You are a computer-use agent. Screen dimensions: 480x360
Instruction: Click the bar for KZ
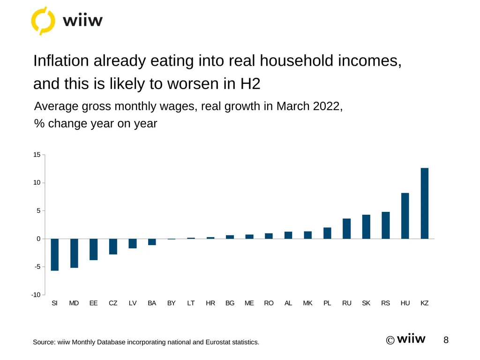pyautogui.click(x=425, y=203)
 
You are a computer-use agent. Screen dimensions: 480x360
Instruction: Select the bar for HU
pyautogui.click(x=405, y=216)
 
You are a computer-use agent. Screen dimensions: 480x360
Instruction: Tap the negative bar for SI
pyautogui.click(x=54, y=255)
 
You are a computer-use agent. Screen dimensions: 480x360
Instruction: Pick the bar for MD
pyautogui.click(x=74, y=253)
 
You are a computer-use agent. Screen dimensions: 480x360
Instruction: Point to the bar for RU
pyautogui.click(x=346, y=229)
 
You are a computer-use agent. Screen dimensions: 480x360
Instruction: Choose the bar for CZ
pyautogui.click(x=113, y=247)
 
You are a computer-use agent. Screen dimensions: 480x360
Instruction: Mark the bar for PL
pyautogui.click(x=327, y=233)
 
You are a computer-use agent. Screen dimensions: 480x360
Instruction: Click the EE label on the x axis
pyautogui.click(x=93, y=303)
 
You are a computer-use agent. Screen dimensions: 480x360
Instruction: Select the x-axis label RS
pyautogui.click(x=385, y=303)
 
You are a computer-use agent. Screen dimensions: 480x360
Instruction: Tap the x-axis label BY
pyautogui.click(x=172, y=303)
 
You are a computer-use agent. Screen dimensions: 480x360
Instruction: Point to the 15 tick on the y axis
pyautogui.click(x=37, y=155)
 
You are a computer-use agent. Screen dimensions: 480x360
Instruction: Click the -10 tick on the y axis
pyautogui.click(x=36, y=295)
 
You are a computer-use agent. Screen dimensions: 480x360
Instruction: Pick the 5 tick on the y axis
pyautogui.click(x=38, y=210)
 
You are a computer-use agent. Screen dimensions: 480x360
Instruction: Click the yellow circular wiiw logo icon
pyautogui.click(x=43, y=21)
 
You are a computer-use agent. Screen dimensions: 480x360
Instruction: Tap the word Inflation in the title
pyautogui.click(x=61, y=60)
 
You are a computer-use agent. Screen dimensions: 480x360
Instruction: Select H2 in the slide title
pyautogui.click(x=250, y=83)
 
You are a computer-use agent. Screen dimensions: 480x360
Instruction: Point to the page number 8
pyautogui.click(x=446, y=340)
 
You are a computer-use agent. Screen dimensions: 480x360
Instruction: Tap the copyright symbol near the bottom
pyautogui.click(x=390, y=340)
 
